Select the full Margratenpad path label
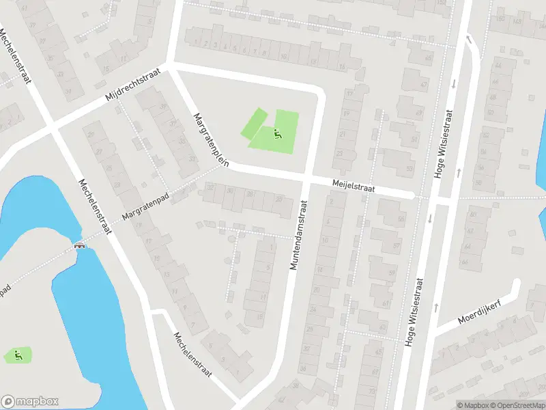click(x=145, y=206)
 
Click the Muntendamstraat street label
click(x=298, y=234)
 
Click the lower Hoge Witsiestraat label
click(x=414, y=312)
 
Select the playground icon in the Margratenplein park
click(x=276, y=133)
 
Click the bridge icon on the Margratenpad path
click(x=80, y=245)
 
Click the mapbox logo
click(x=29, y=402)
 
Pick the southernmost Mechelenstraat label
click(x=192, y=355)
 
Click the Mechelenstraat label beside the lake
click(x=95, y=206)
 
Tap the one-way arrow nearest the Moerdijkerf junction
click(x=435, y=307)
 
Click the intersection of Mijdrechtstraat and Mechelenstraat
click(x=51, y=127)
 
